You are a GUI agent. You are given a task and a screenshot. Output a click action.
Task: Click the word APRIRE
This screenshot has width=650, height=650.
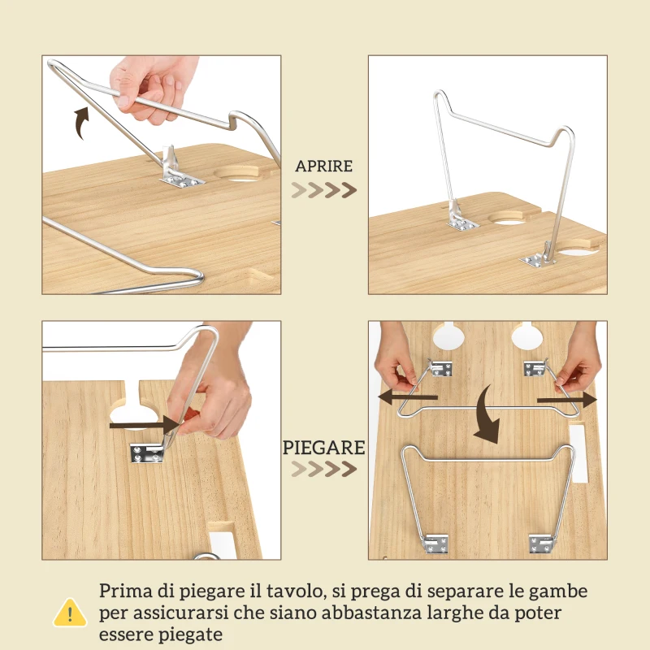pos(324,167)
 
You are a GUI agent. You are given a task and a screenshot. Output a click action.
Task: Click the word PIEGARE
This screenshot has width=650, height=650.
pos(324,448)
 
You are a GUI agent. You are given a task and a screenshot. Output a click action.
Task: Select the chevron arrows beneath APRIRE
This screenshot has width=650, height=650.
pos(324,190)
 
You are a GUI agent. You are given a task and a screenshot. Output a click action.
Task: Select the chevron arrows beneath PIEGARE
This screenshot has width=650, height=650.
pos(324,470)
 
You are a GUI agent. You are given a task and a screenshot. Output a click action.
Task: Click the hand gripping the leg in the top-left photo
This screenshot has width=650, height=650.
pos(150,85)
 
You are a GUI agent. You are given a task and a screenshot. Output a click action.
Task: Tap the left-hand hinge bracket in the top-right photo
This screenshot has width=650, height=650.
pos(460,221)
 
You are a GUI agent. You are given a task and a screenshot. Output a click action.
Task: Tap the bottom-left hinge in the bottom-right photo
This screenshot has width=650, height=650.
pos(436,542)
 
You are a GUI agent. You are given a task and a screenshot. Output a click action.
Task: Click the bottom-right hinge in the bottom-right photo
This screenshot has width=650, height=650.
pos(543,542)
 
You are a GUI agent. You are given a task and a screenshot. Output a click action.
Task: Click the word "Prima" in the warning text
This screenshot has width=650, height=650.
pos(123,591)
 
